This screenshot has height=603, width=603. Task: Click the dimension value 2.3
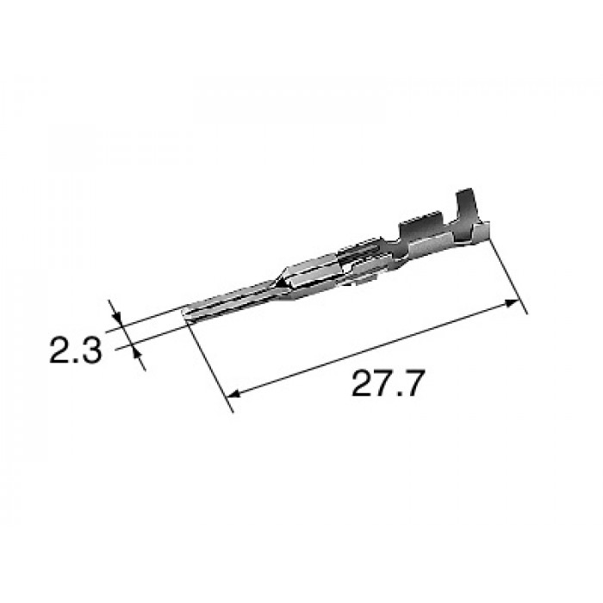pos(76,351)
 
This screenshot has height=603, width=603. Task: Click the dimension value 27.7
pos(388,383)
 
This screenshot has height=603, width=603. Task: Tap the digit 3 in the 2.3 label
pos(91,351)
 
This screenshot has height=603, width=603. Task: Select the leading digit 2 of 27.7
pos(363,383)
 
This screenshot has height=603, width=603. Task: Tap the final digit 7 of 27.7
pos(413,383)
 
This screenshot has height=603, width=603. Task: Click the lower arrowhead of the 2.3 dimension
pos(136,351)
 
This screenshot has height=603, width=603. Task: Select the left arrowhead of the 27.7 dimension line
pos(234,393)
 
